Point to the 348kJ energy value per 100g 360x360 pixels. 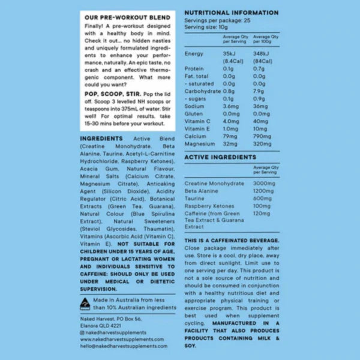(260, 55)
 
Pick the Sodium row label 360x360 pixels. (194, 106)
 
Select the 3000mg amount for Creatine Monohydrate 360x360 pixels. (265, 183)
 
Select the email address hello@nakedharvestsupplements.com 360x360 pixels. (123, 346)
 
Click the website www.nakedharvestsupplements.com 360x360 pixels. (122, 339)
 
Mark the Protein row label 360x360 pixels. (194, 69)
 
